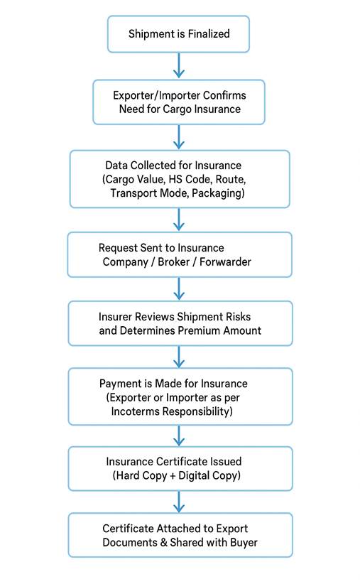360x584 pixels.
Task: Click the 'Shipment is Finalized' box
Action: tap(179, 33)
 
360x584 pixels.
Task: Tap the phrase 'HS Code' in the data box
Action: tap(188, 178)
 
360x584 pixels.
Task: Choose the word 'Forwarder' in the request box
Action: tap(227, 261)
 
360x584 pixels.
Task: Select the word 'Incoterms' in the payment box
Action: tap(136, 411)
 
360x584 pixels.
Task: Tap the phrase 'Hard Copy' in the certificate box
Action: tap(141, 475)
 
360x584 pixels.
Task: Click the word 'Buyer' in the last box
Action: tap(242, 543)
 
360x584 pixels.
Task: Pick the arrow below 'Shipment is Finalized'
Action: tap(179, 65)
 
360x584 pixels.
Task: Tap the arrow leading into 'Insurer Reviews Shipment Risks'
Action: tap(179, 288)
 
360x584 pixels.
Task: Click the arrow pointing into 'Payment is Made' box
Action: tap(179, 356)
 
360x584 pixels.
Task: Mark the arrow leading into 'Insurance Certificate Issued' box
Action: tap(179, 434)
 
